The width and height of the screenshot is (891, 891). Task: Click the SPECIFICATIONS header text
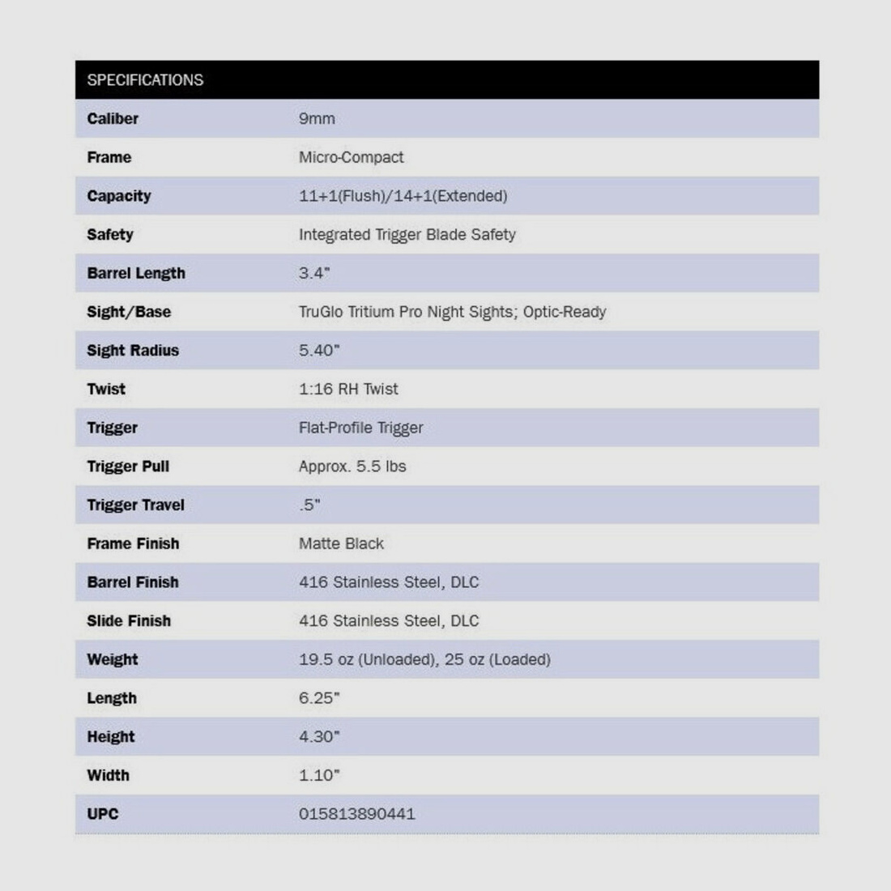(145, 80)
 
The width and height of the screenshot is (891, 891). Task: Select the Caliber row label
(113, 118)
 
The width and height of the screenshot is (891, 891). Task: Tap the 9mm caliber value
(317, 118)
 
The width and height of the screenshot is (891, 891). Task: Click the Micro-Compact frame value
(351, 157)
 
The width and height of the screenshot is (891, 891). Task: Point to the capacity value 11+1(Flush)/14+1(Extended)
(403, 196)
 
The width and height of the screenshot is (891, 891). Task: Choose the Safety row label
(110, 235)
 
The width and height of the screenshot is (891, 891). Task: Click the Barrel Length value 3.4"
(314, 273)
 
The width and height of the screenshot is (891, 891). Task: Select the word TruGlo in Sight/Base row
(321, 312)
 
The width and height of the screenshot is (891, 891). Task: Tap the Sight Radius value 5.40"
(319, 351)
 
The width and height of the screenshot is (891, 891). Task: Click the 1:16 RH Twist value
(348, 389)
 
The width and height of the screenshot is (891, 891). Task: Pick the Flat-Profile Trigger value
(360, 428)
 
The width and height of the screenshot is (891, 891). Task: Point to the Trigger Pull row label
(128, 467)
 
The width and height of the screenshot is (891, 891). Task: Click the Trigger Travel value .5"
(309, 505)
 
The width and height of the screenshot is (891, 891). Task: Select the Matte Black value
(341, 544)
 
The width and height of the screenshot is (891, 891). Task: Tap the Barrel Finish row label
(133, 582)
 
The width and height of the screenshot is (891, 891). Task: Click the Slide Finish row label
(129, 621)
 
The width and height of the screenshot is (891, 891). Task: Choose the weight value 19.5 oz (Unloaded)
(367, 659)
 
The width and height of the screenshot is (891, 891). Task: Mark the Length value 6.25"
(319, 698)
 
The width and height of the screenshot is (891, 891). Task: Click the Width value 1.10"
(319, 775)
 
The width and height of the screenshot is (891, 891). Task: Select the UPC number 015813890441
(356, 814)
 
